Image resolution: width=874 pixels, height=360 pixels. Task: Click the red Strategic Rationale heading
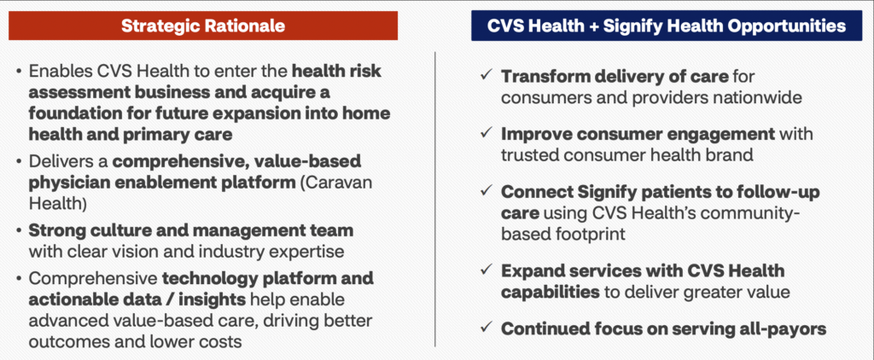(203, 26)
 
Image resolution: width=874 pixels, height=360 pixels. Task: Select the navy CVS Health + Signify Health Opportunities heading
(666, 26)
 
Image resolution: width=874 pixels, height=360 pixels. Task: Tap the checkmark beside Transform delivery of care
(486, 75)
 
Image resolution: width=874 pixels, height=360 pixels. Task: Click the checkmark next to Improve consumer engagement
(486, 134)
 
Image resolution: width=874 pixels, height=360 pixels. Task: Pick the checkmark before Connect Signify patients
(486, 192)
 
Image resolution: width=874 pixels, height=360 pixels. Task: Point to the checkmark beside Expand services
(486, 270)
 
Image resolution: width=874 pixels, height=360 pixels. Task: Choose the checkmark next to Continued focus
(486, 328)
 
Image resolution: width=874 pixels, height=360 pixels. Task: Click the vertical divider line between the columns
(434, 200)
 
